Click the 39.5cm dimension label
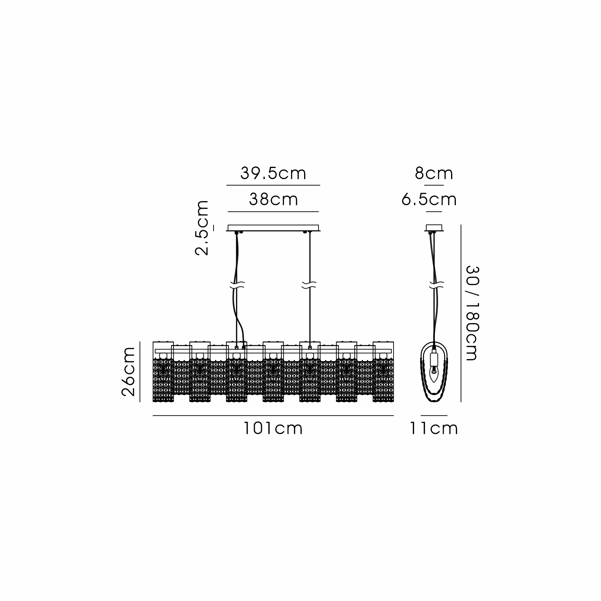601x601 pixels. point(273,174)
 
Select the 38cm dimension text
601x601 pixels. point(273,200)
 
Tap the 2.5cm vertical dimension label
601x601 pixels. point(202,228)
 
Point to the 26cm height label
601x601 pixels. point(128,372)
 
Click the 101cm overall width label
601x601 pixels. point(273,429)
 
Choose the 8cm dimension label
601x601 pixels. point(434,174)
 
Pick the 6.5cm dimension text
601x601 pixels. point(429,200)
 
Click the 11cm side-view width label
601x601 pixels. point(434,429)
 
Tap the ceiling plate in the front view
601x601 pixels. point(273,228)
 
